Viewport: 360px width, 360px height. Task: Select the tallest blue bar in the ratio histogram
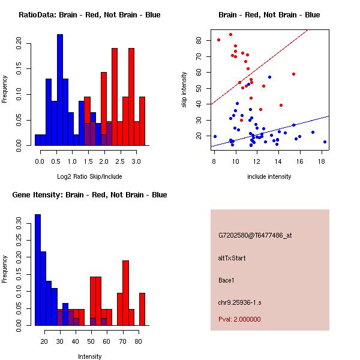60,90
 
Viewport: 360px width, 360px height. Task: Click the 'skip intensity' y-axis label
185,90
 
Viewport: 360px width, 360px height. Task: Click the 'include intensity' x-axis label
269,177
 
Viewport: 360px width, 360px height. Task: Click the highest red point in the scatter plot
230,34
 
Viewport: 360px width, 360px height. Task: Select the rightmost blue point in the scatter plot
325,142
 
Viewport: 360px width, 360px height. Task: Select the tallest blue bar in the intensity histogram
38,270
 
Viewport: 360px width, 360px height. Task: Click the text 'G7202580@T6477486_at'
255,236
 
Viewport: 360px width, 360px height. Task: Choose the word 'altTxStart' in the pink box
233,258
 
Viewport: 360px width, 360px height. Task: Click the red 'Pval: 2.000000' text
239,319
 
